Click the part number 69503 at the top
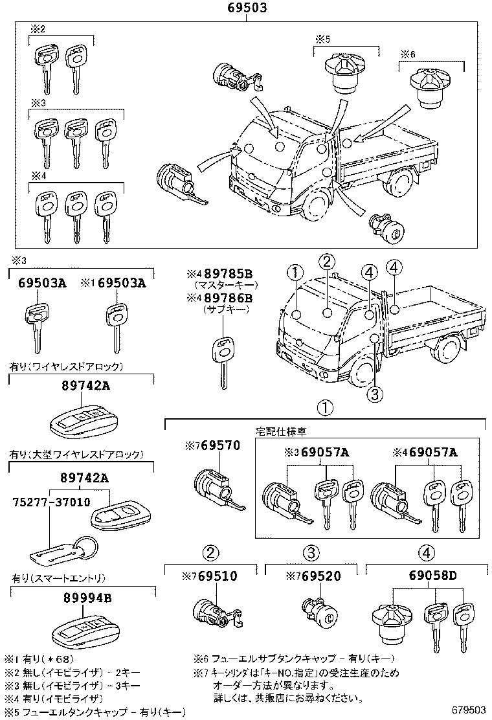click(x=247, y=8)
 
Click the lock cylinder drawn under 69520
click(x=319, y=612)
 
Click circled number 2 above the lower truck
click(x=327, y=262)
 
